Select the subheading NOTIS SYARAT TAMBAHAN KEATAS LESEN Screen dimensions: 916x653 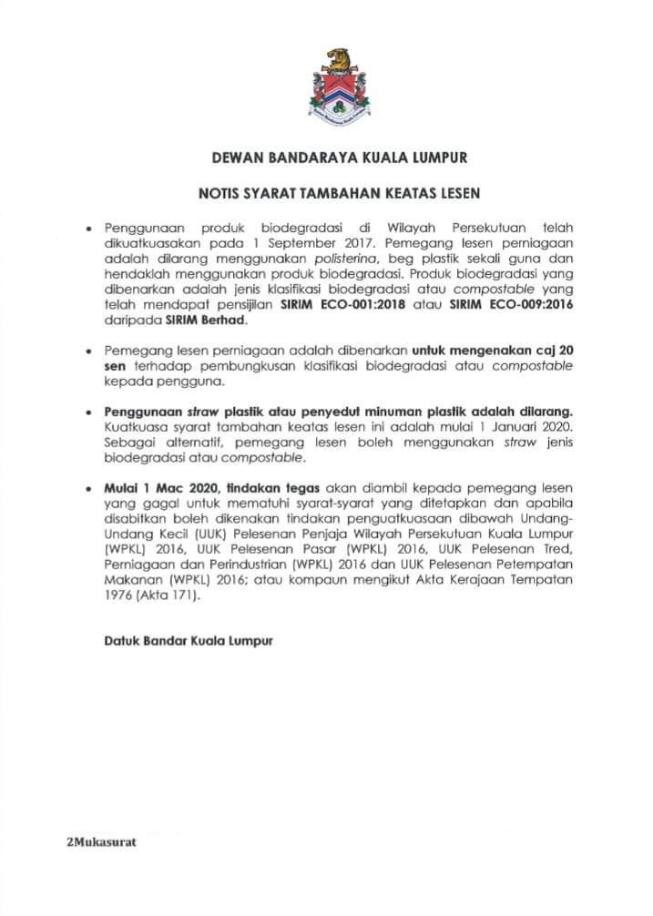point(339,193)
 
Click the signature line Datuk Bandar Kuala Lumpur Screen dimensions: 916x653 point(188,640)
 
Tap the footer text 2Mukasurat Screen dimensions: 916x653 point(101,841)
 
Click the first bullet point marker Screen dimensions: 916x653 point(87,228)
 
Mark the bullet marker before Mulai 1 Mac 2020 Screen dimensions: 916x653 point(87,489)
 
